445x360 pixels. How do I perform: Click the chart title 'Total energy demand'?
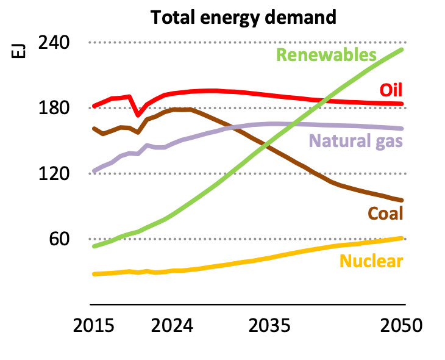pyautogui.click(x=243, y=17)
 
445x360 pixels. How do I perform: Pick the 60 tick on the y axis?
pyautogui.click(x=60, y=239)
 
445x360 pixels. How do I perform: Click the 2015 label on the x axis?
pyautogui.click(x=94, y=325)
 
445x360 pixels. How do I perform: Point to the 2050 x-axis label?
pyautogui.click(x=400, y=325)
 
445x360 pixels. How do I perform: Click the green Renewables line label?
pyautogui.click(x=326, y=55)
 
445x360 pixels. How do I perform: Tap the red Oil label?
pyautogui.click(x=391, y=90)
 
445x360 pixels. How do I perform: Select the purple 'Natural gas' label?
pyautogui.click(x=357, y=142)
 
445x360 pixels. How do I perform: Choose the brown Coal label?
pyautogui.click(x=385, y=214)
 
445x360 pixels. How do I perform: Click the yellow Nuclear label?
pyautogui.click(x=371, y=262)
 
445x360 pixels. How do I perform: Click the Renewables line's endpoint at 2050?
pyautogui.click(x=402, y=49)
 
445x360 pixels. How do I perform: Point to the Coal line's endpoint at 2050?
pyautogui.click(x=402, y=200)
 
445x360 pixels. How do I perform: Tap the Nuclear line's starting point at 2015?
pyautogui.click(x=94, y=274)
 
